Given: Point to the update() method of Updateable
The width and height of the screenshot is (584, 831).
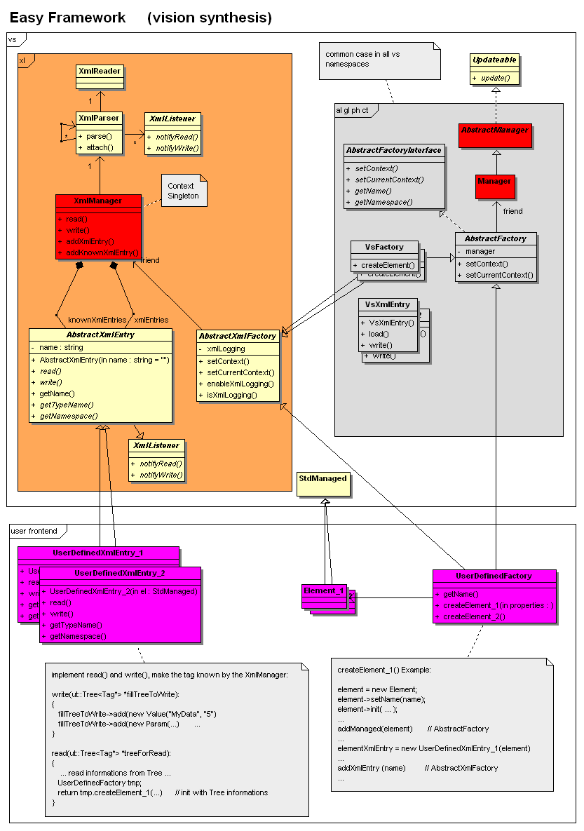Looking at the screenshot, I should click(495, 77).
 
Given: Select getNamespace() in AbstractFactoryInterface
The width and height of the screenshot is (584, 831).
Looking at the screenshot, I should click(383, 202).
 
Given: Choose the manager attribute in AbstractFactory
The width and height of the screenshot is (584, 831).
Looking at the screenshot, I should click(480, 251).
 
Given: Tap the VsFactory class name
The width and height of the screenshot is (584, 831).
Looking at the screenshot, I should click(384, 248).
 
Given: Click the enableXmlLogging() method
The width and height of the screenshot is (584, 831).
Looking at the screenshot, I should click(240, 384).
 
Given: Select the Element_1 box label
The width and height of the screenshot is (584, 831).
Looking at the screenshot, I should click(323, 590).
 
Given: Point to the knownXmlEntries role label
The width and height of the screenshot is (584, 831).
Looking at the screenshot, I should click(97, 320).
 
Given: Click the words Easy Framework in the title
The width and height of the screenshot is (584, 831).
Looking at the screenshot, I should click(67, 18).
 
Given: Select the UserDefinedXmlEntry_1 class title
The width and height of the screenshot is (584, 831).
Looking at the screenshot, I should click(97, 553).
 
